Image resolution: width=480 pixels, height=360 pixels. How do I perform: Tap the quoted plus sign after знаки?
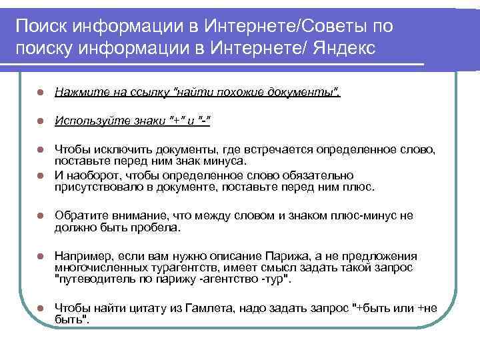(x=178, y=121)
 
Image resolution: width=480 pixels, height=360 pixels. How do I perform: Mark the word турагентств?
(x=156, y=267)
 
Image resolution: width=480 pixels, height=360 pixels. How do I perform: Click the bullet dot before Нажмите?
(x=41, y=91)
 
